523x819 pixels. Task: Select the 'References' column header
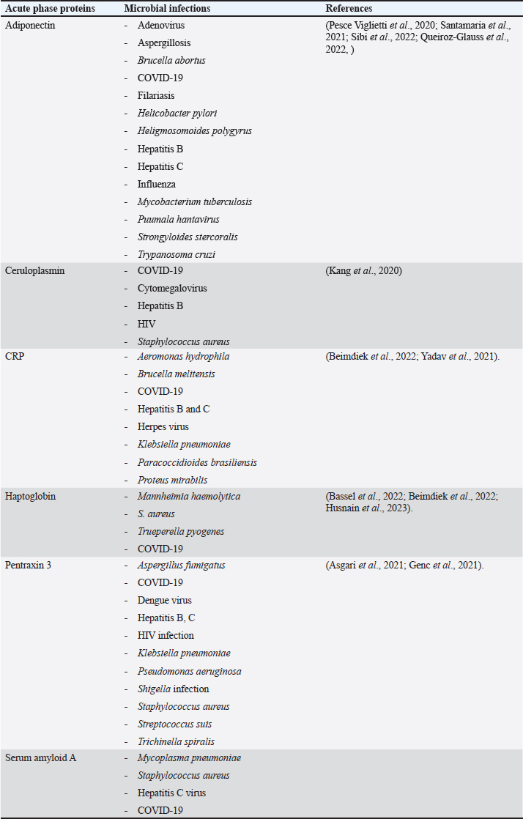coord(349,9)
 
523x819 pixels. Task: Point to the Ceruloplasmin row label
coord(34,271)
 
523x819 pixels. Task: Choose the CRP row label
coord(15,357)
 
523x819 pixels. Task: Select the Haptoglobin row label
coord(30,497)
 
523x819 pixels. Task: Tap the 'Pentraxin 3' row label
coord(29,566)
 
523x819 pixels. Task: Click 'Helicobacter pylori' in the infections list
coord(177,114)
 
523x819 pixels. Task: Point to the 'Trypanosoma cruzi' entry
coord(176,254)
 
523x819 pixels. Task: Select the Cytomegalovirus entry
coord(171,289)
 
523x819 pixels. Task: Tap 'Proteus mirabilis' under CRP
coord(172,480)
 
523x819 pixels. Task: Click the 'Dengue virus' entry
coord(164,601)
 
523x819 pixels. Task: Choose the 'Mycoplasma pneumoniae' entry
coord(189,758)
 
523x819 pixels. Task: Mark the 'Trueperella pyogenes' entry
coord(180,531)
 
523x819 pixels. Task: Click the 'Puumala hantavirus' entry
coord(178,219)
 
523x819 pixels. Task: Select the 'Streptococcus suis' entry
coord(174,724)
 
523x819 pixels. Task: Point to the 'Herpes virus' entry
coord(163,426)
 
